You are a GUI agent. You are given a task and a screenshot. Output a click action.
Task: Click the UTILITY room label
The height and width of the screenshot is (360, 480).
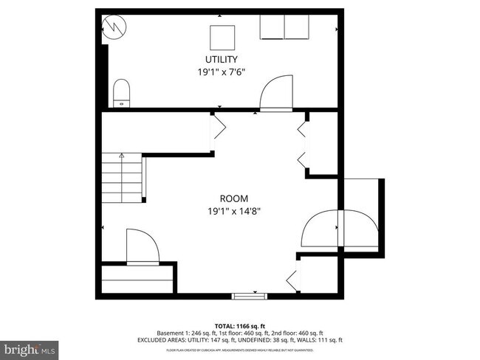pyautogui.click(x=222, y=59)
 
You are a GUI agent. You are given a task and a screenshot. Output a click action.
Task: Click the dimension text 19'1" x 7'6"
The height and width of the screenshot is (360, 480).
pyautogui.click(x=222, y=72)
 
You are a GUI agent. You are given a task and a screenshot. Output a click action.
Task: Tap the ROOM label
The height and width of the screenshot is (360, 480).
pyautogui.click(x=233, y=198)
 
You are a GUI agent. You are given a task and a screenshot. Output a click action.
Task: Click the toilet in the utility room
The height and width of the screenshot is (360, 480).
pyautogui.click(x=121, y=94)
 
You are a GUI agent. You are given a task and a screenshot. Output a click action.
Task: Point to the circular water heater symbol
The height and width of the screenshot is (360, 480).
pyautogui.click(x=114, y=27)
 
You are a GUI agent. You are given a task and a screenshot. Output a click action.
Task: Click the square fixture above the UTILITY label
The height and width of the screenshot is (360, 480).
pyautogui.click(x=222, y=36)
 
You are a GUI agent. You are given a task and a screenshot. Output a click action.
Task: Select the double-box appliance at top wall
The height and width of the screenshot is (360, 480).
pyautogui.click(x=284, y=27)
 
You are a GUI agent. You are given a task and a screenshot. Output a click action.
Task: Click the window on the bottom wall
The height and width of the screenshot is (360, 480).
pyautogui.click(x=249, y=296)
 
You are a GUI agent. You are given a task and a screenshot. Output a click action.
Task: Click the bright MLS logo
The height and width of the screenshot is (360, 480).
pyautogui.click(x=30, y=347)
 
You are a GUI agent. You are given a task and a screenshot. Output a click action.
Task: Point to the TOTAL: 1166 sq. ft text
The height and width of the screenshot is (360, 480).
pyautogui.click(x=240, y=325)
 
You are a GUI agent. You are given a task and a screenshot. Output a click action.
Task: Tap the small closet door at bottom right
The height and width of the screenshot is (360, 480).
pyautogui.click(x=293, y=279)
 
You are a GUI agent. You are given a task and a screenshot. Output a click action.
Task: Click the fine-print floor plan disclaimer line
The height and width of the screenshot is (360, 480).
pyautogui.click(x=240, y=350)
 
